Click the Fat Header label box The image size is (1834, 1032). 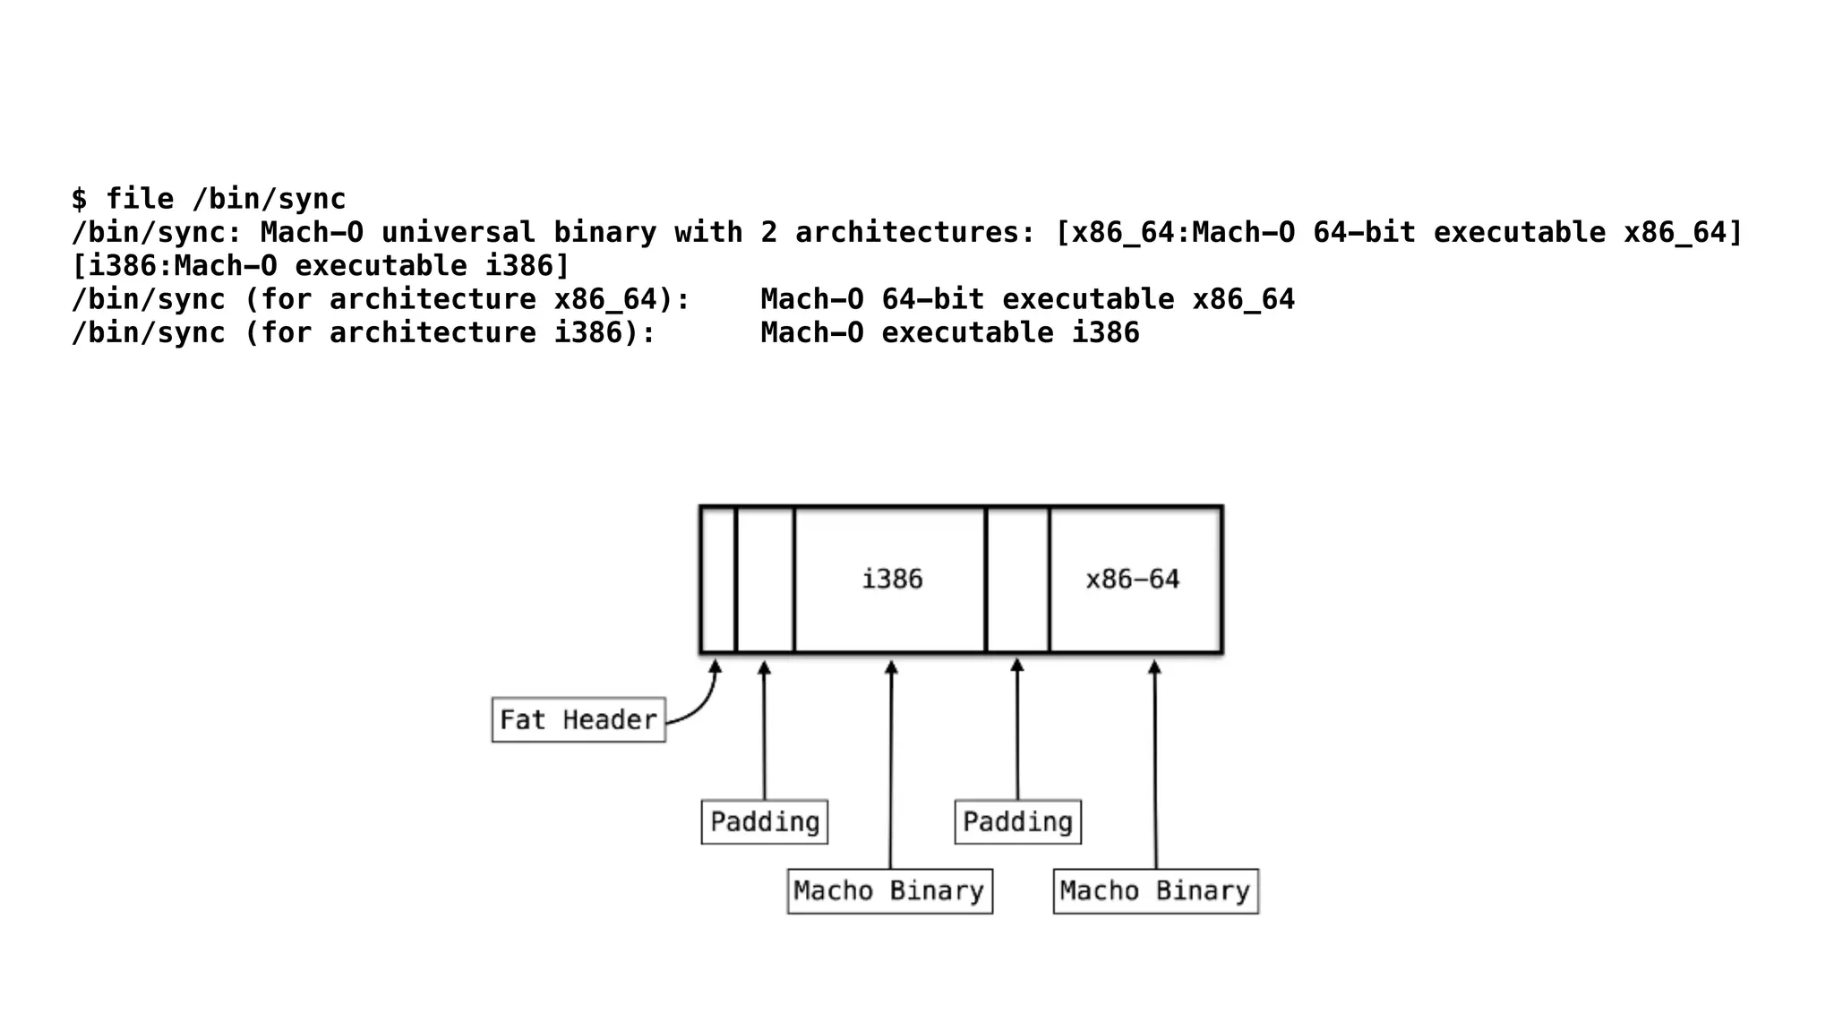click(578, 719)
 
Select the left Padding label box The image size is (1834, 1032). click(764, 821)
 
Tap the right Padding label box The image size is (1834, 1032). click(1017, 821)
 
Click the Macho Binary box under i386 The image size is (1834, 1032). click(889, 890)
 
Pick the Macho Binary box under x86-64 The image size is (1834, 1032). click(1155, 890)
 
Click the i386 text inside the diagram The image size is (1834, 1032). click(892, 579)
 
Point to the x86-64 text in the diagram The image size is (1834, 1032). click(1133, 579)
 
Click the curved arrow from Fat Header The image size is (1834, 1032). click(703, 703)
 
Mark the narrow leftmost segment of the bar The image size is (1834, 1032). click(718, 579)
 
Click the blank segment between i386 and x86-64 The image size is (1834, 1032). click(1017, 579)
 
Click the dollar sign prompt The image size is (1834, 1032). click(80, 199)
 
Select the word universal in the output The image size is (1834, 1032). click(458, 232)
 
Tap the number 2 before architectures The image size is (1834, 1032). click(768, 232)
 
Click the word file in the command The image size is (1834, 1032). click(140, 199)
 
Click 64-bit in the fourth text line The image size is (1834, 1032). click(932, 299)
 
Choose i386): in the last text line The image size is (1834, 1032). click(604, 332)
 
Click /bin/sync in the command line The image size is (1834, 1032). click(269, 199)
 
